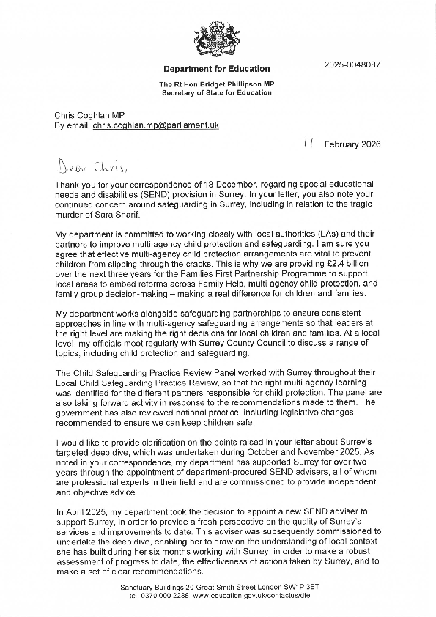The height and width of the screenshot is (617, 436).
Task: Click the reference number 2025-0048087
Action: (352, 64)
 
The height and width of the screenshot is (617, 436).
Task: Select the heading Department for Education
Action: (216, 69)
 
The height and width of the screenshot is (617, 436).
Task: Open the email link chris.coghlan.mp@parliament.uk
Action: (155, 126)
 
